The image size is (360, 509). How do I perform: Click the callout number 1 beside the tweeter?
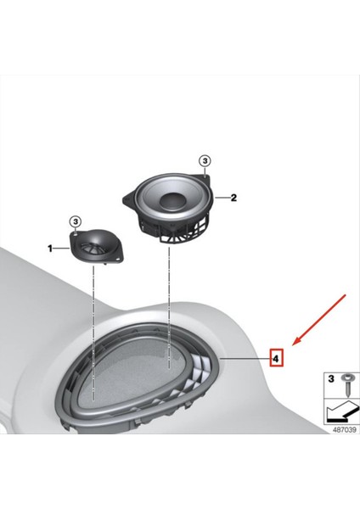(x=50, y=249)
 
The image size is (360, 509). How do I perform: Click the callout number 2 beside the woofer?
(x=234, y=199)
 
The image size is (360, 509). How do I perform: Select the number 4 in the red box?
(x=276, y=359)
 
